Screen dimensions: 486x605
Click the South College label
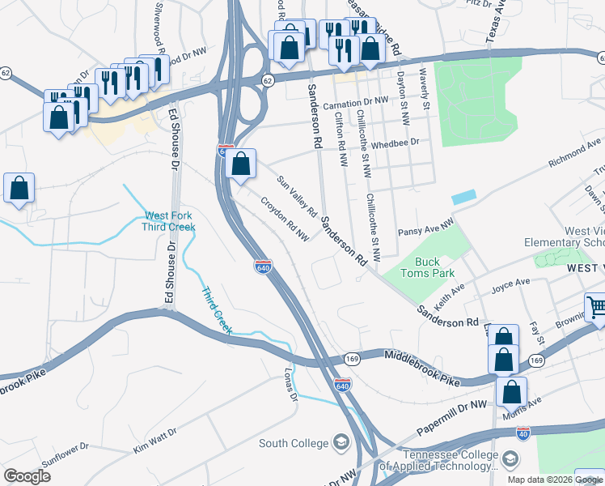(294, 443)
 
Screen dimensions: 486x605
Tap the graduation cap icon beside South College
(341, 442)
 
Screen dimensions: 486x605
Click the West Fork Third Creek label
(170, 221)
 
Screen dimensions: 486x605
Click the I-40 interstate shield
(522, 434)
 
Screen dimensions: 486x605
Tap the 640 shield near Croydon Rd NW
(262, 266)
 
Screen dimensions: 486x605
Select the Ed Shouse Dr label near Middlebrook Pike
(170, 275)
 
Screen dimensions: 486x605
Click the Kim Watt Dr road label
(154, 441)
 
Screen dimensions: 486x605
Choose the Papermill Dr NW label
(453, 416)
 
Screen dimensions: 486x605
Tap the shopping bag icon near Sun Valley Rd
(241, 164)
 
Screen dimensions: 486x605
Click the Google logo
(27, 477)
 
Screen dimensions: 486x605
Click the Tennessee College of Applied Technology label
(439, 460)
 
